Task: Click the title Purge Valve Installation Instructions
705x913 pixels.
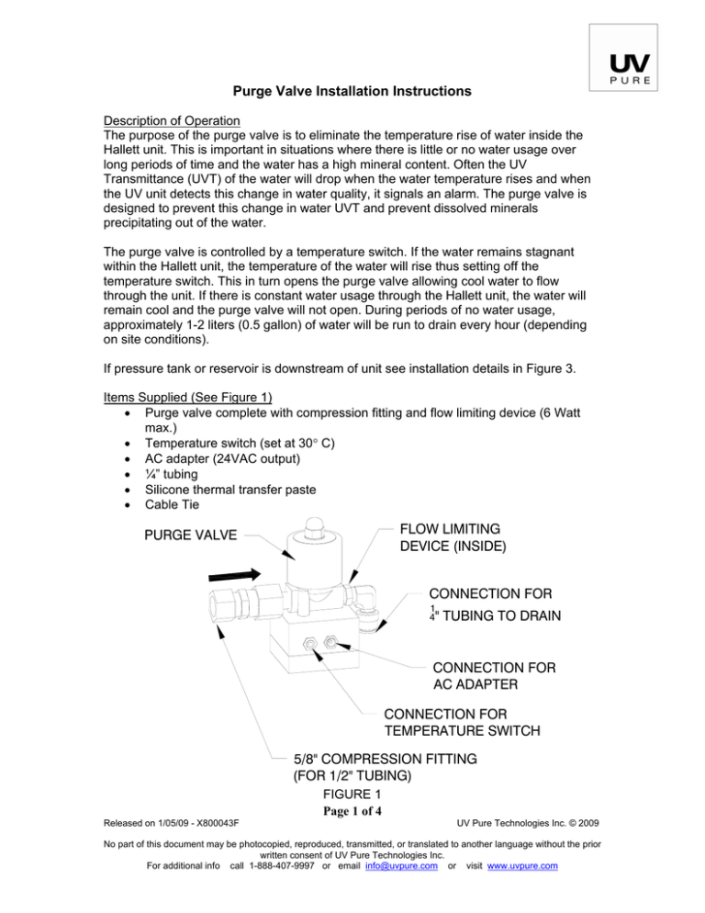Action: point(352,92)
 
